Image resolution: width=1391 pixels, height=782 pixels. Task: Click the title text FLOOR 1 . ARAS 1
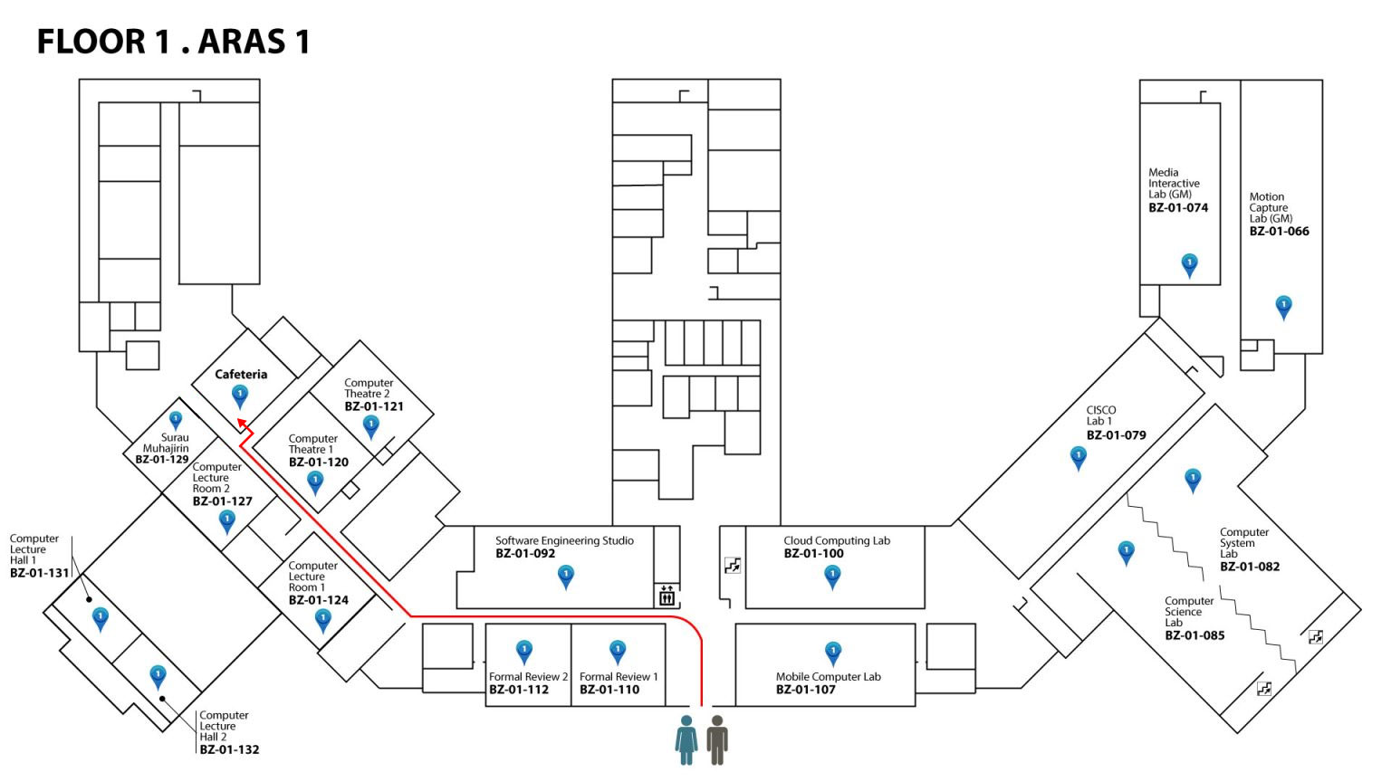pyautogui.click(x=173, y=42)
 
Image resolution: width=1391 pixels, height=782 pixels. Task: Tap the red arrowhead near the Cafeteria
pyautogui.click(x=242, y=423)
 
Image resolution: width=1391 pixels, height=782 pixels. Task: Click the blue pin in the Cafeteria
pyautogui.click(x=240, y=395)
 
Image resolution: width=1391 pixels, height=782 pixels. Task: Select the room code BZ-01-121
pyautogui.click(x=373, y=406)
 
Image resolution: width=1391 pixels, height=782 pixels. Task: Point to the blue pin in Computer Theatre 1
pyautogui.click(x=315, y=482)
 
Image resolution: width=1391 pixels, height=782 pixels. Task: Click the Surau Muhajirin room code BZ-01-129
pyautogui.click(x=162, y=460)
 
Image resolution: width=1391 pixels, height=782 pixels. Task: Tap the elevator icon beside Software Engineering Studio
pyautogui.click(x=667, y=596)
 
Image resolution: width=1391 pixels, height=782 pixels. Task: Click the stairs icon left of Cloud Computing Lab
pyautogui.click(x=733, y=566)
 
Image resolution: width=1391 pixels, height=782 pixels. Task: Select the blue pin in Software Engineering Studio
pyautogui.click(x=566, y=576)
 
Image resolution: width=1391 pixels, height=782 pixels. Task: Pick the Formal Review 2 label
pyautogui.click(x=528, y=676)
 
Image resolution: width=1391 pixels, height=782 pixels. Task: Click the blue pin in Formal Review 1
pyautogui.click(x=618, y=651)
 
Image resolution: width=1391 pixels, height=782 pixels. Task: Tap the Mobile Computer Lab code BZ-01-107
pyautogui.click(x=805, y=690)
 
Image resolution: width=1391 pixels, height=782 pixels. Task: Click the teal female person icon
pyautogui.click(x=686, y=739)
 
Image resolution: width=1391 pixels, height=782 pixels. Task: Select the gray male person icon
pyautogui.click(x=717, y=739)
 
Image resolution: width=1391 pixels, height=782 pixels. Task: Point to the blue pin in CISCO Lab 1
pyautogui.click(x=1078, y=457)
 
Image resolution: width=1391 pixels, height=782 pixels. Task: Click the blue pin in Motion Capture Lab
pyautogui.click(x=1283, y=306)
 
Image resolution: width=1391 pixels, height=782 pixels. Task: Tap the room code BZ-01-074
pyautogui.click(x=1178, y=208)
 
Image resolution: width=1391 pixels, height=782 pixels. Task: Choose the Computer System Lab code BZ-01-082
pyautogui.click(x=1250, y=567)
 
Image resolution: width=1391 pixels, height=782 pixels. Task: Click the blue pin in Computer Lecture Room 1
pyautogui.click(x=322, y=620)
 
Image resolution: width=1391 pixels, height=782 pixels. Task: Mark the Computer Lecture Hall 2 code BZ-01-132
pyautogui.click(x=229, y=749)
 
